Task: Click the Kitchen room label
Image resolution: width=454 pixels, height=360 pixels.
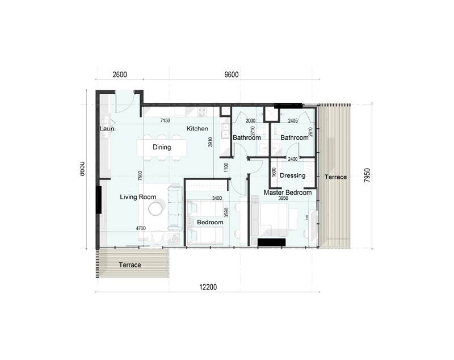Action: tap(197, 129)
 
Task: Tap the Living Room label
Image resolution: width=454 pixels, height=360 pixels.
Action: tap(137, 197)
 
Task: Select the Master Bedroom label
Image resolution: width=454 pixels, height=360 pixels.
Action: tap(288, 192)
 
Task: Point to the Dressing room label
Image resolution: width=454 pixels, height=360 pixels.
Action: tap(293, 175)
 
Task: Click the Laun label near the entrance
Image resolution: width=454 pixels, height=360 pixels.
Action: tap(107, 129)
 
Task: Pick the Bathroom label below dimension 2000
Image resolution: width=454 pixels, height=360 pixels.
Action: tap(247, 138)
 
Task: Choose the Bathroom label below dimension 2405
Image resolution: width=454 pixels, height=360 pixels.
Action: tap(293, 138)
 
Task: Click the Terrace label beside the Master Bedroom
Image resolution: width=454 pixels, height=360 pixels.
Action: tap(335, 177)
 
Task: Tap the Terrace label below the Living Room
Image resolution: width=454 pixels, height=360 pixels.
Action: tap(129, 265)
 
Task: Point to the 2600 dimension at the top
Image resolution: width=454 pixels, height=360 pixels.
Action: tap(120, 75)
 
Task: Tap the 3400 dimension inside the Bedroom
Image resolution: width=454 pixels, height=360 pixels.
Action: tap(216, 199)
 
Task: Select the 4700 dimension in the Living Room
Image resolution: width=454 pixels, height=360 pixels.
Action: tap(141, 228)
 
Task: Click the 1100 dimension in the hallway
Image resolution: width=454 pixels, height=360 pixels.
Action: tap(225, 168)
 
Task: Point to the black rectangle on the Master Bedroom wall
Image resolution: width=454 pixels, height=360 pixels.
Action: tap(271, 242)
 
